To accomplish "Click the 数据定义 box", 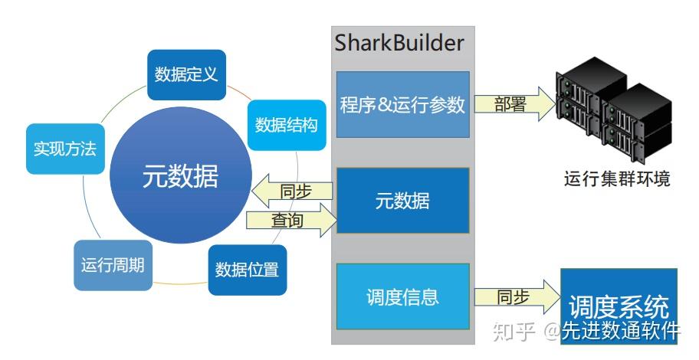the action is pos(186,75).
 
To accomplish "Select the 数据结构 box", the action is pos(287,125).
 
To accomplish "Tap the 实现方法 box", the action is pos(66,149).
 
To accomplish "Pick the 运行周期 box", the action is pos(113,266).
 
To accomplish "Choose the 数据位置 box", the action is pos(248,270).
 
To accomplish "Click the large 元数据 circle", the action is pos(181,175).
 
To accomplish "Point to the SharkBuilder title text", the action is pos(399,43).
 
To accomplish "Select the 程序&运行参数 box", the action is pos(402,104).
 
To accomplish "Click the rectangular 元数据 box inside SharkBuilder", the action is pos(402,201).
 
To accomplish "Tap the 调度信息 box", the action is pos(402,296).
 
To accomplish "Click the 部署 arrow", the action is pos(515,104).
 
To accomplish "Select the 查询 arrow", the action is pos(291,219).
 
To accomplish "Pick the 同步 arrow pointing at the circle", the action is pos(292,191).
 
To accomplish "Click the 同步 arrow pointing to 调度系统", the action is pos(517,296).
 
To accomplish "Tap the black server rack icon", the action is pos(613,109).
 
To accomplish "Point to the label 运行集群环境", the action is pos(617,178).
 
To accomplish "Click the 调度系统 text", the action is pos(619,306).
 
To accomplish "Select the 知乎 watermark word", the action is pos(514,332).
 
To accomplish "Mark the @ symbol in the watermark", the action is pos(551,332).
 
